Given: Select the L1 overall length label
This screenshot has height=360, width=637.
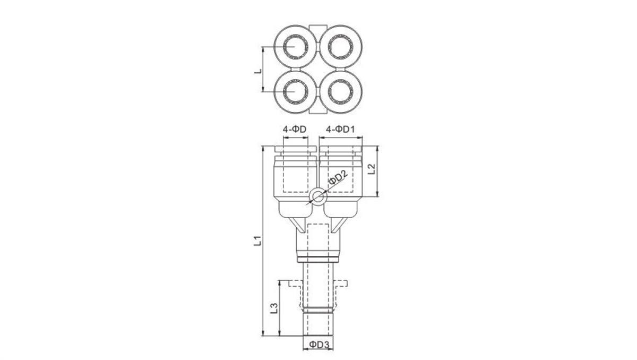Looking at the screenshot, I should [256, 241].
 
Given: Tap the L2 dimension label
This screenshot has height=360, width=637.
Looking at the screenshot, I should [372, 170].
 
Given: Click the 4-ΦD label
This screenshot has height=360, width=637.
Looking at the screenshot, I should [295, 129].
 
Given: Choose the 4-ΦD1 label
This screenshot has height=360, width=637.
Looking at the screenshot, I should [340, 129].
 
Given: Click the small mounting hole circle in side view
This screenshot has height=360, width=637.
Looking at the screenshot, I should [318, 198].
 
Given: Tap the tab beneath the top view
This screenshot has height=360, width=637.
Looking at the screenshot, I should [317, 112].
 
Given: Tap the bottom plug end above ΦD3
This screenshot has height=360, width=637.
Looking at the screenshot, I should [318, 324].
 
